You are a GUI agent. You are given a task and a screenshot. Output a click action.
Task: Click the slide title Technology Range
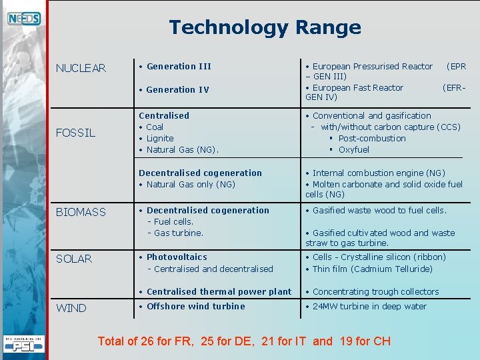[265, 27]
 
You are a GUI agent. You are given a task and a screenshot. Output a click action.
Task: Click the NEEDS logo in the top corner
[24, 19]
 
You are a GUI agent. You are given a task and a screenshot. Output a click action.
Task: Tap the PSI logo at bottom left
[24, 345]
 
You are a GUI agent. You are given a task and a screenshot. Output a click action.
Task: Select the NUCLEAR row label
[81, 68]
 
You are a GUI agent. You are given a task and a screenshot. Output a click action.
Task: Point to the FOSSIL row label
[75, 133]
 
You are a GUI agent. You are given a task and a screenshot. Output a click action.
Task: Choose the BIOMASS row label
[81, 212]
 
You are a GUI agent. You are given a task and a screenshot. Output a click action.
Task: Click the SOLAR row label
[74, 259]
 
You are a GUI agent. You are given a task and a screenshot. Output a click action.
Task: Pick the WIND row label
[71, 308]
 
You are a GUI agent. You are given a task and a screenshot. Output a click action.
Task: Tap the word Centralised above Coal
[164, 115]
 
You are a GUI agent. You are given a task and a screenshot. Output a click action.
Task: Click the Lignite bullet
[160, 138]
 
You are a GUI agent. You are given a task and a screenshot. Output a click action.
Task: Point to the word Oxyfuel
[353, 149]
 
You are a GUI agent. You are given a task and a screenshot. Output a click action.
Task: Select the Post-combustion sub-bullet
[371, 138]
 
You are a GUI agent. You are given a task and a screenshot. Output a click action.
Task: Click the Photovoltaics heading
[177, 257]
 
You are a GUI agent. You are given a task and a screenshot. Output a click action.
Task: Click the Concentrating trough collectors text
[375, 291]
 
